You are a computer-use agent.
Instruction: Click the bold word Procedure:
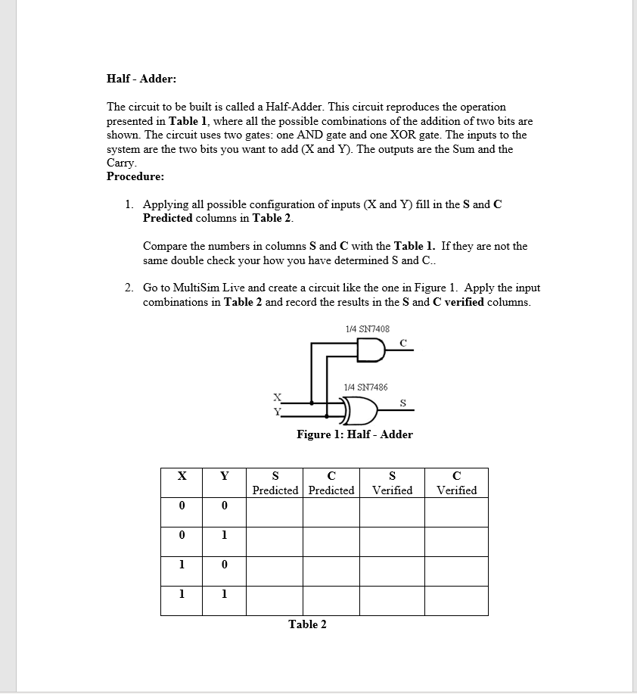135,176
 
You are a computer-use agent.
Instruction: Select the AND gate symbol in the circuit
370,350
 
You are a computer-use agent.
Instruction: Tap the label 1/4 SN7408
367,329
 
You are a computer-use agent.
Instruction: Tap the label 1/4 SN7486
365,387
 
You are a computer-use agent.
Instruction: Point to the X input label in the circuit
277,397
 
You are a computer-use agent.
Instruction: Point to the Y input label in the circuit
277,412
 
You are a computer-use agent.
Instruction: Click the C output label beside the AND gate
402,342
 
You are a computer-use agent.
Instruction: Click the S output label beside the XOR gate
402,403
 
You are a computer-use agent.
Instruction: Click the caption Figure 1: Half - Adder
355,434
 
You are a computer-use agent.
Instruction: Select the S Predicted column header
275,483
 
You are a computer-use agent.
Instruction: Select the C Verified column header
456,483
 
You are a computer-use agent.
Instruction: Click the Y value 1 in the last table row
224,594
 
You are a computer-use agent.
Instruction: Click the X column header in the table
182,476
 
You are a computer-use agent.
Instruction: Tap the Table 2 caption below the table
307,624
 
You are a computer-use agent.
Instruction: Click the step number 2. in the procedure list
130,288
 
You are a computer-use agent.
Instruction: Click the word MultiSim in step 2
194,288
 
